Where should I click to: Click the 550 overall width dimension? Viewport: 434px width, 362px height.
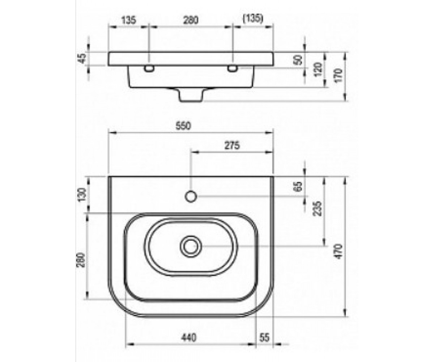coord(183,126)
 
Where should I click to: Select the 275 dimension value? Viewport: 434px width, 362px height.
coord(232,146)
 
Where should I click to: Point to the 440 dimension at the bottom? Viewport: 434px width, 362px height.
coord(188,337)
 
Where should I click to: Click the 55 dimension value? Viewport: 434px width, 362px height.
coord(264,337)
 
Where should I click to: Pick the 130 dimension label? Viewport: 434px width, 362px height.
coord(82,194)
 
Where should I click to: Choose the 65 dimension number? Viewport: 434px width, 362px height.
coord(298,186)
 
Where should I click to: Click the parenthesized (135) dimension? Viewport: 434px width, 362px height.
coord(253,19)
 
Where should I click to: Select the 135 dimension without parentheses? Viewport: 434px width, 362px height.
coord(128,20)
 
